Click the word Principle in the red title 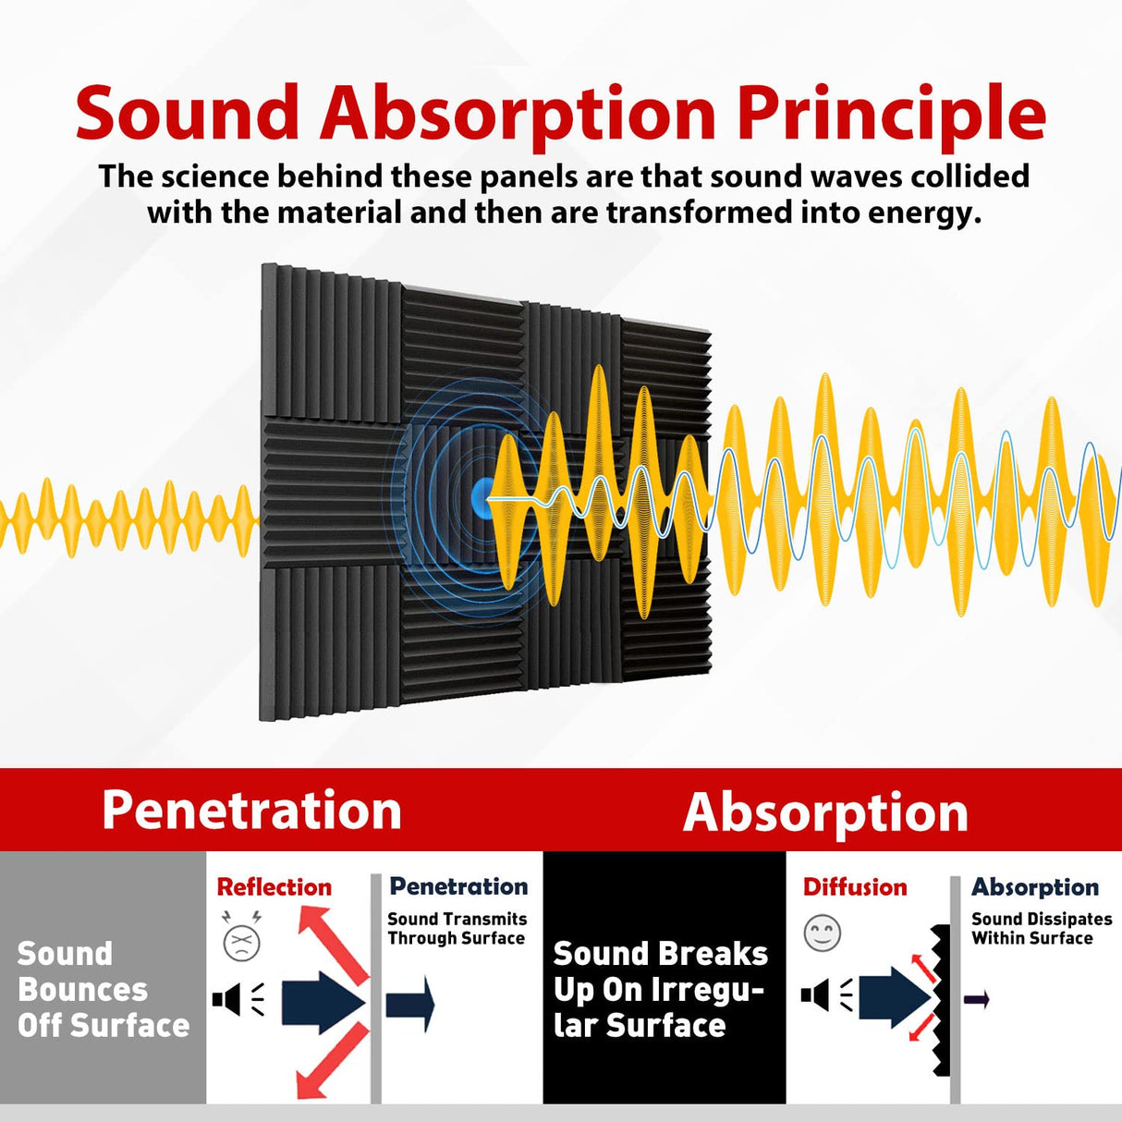pyautogui.click(x=891, y=115)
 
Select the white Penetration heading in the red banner pyautogui.click(x=251, y=811)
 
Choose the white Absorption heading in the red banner pyautogui.click(x=825, y=812)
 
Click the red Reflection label pyautogui.click(x=274, y=887)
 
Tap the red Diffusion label pyautogui.click(x=855, y=887)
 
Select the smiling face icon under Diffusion pyautogui.click(x=822, y=933)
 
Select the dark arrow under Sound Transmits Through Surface pyautogui.click(x=410, y=1004)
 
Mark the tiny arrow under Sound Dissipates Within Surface pyautogui.click(x=977, y=999)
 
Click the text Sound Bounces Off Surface pyautogui.click(x=103, y=990)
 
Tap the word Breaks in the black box pyautogui.click(x=713, y=954)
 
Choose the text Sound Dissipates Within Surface pyautogui.click(x=1041, y=929)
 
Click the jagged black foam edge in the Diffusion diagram pyautogui.click(x=941, y=998)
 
